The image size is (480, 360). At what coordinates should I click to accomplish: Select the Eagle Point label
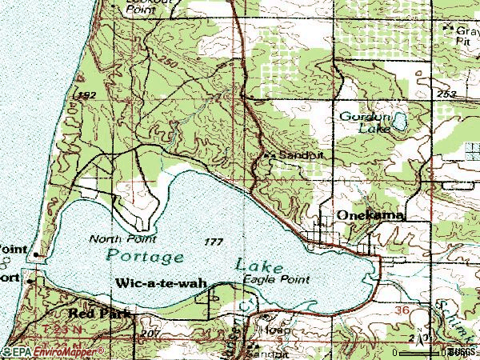tap(276, 279)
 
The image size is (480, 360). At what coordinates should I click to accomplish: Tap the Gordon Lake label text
tap(364, 122)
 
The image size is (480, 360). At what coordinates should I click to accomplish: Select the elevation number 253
tap(447, 94)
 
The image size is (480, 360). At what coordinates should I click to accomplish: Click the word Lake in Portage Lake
tap(259, 263)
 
